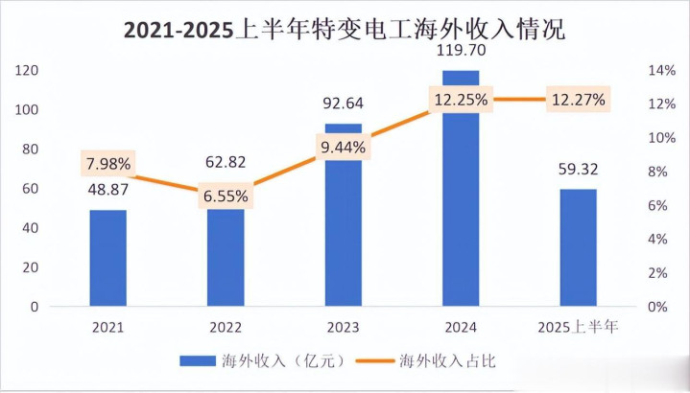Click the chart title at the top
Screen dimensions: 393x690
(x=345, y=29)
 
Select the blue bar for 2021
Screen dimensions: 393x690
(x=108, y=258)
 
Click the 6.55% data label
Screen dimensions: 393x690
(x=226, y=196)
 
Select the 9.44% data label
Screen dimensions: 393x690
(x=344, y=147)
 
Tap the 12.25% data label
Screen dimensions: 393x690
(x=460, y=99)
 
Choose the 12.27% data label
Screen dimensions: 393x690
(x=577, y=99)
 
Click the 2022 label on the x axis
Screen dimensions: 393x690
(x=226, y=328)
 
